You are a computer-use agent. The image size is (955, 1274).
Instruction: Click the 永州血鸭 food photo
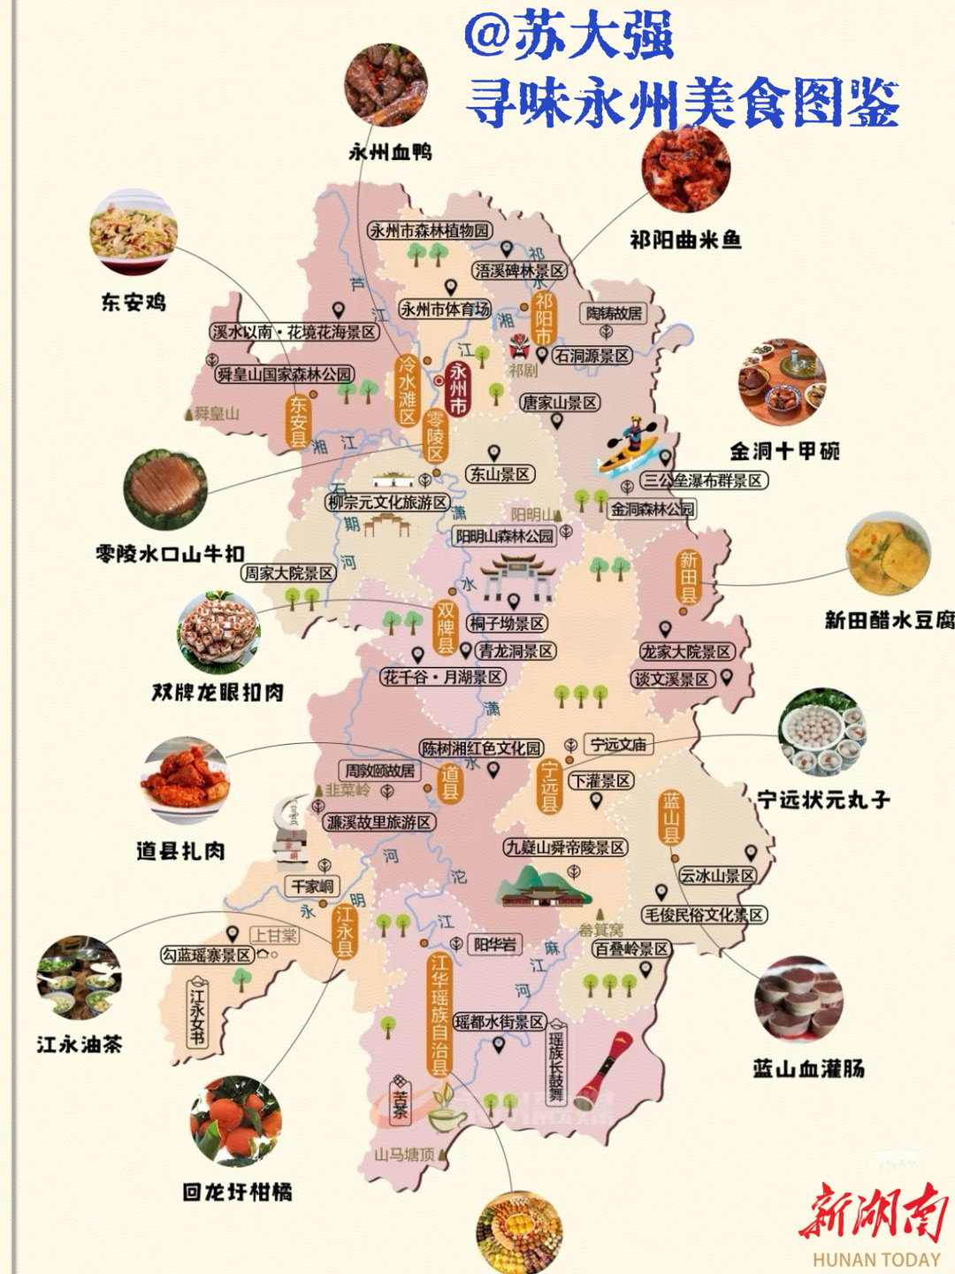386,85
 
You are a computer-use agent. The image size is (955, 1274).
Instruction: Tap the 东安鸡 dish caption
134,303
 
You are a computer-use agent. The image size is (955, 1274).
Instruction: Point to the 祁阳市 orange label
543,318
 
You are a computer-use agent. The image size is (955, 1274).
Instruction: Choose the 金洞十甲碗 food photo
783,382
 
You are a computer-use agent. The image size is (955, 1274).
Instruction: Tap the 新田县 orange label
689,576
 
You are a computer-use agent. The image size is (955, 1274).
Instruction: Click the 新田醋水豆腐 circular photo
888,556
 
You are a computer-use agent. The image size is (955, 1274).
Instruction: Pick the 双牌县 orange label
445,628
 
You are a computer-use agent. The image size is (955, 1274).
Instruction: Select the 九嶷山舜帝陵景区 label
565,848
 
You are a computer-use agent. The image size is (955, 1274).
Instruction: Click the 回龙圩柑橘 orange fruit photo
236,1121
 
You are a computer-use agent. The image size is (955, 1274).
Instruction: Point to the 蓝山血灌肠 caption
808,1069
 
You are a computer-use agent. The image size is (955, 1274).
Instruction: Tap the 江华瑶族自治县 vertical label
439,1014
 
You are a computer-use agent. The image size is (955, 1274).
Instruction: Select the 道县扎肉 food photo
186,779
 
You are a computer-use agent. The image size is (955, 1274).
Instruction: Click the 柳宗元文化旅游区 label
387,503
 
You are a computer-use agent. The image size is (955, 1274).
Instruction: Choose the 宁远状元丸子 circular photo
821,732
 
